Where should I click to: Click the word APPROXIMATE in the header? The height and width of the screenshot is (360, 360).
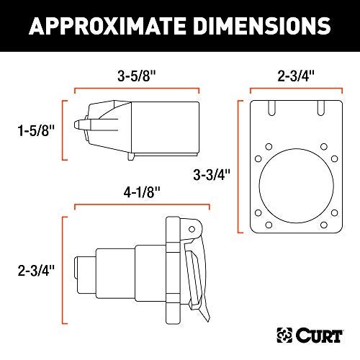(107, 26)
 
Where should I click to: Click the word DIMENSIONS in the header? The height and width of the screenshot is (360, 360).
(262, 26)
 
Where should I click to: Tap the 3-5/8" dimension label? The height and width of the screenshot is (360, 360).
(137, 76)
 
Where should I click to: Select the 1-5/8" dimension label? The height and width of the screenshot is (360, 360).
(36, 131)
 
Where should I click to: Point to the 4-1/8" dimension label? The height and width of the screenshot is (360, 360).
(142, 192)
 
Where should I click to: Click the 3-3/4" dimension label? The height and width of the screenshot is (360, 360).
(212, 174)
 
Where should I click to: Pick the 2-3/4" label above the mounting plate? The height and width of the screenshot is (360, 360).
(296, 76)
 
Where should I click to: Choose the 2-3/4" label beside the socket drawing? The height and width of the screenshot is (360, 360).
(36, 271)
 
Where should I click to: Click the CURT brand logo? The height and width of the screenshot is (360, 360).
(310, 336)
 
